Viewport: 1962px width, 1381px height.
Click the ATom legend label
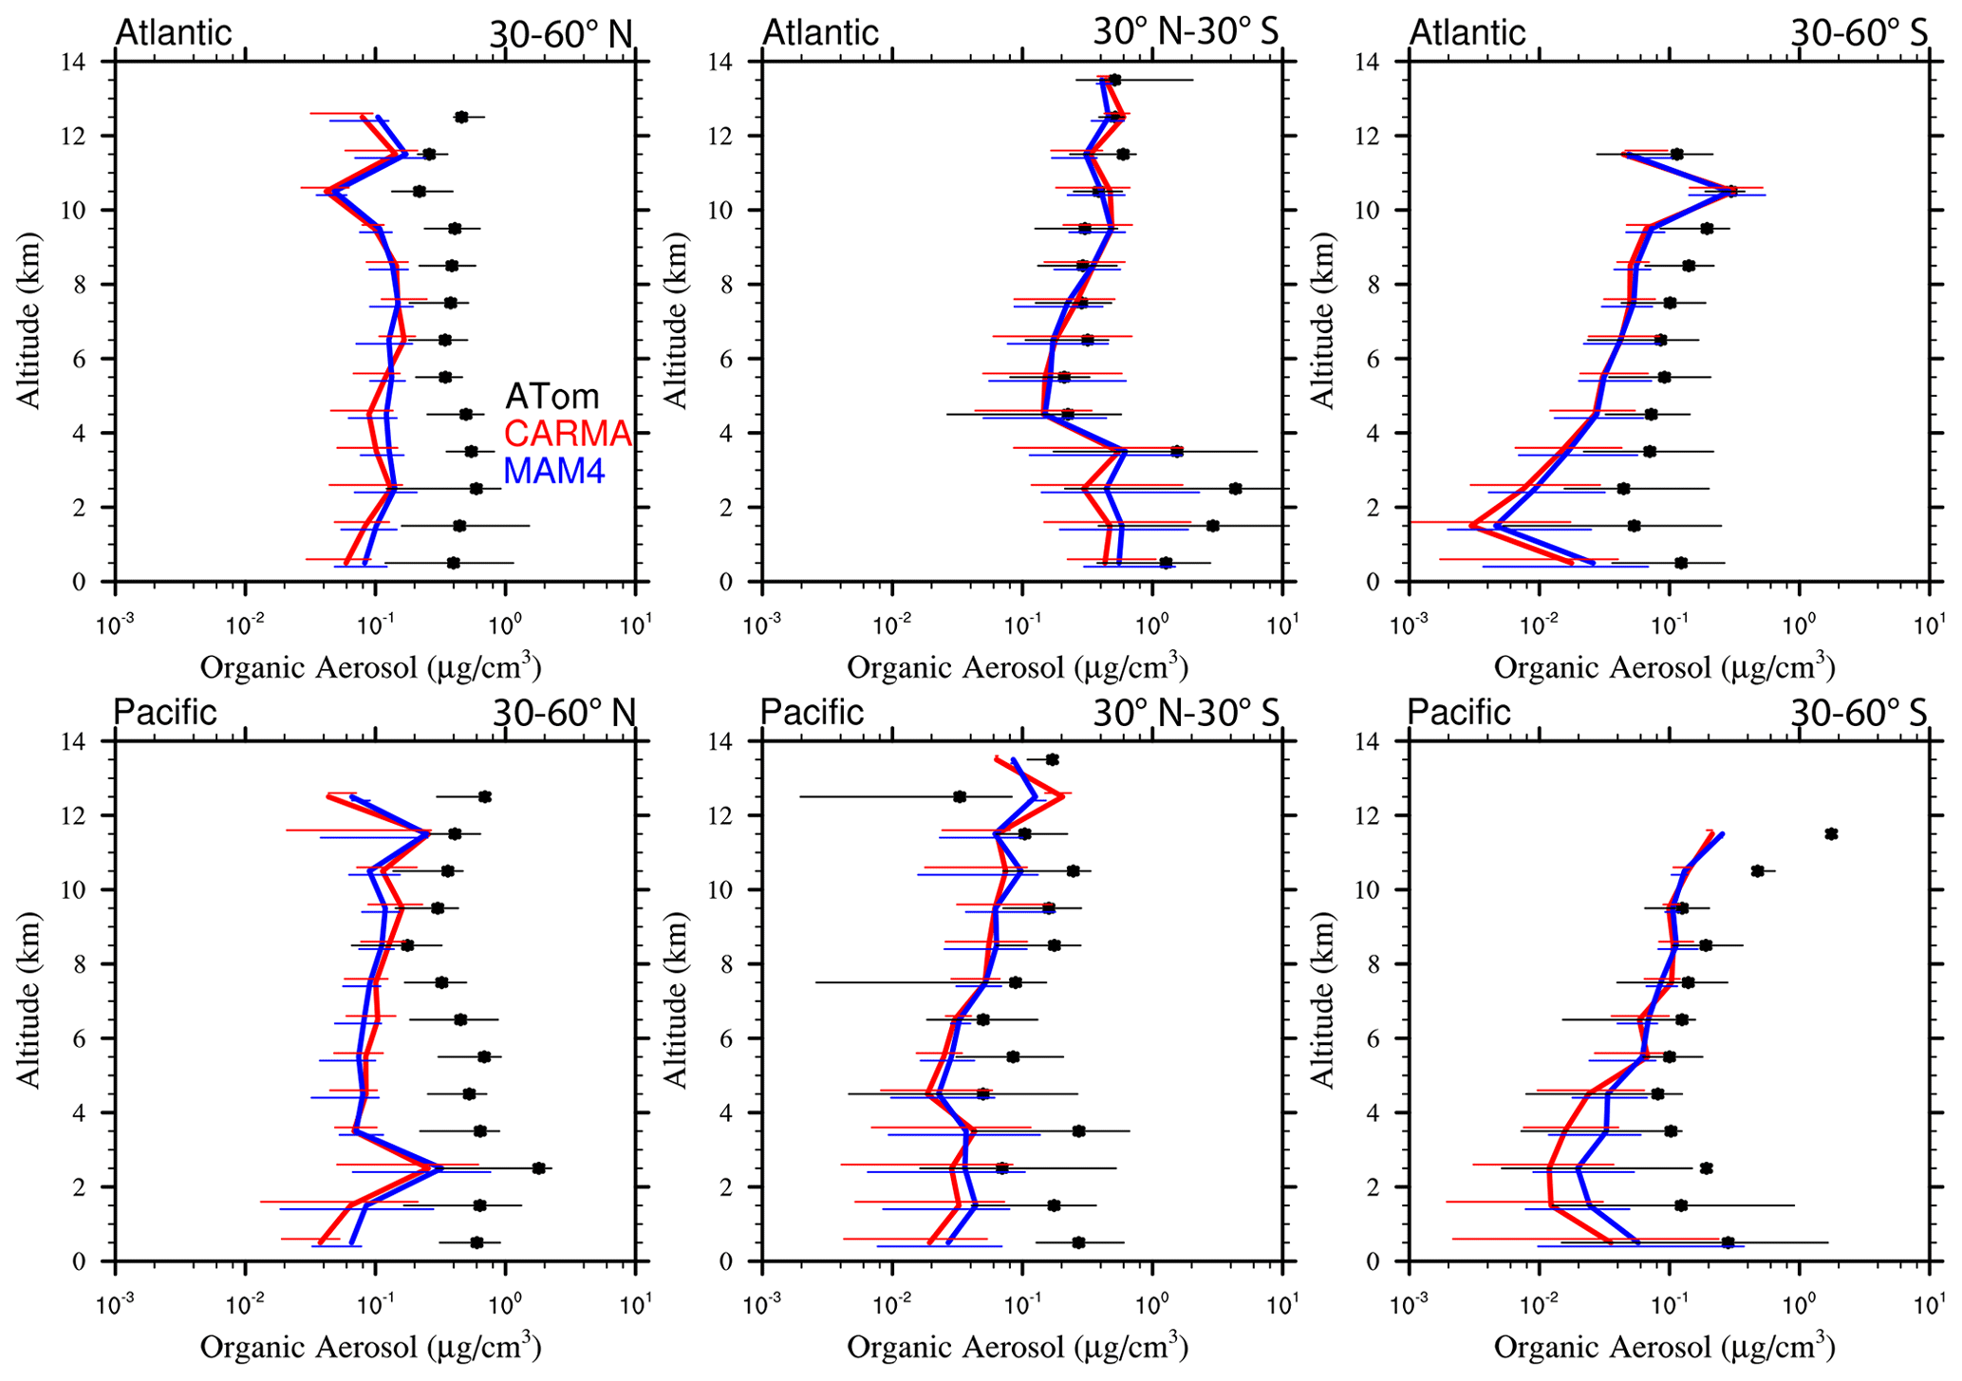pyautogui.click(x=551, y=396)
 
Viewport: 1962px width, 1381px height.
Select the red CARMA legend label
pyautogui.click(x=567, y=434)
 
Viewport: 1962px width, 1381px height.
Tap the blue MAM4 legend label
pyautogui.click(x=553, y=471)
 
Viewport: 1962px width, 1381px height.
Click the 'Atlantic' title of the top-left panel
pyautogui.click(x=173, y=32)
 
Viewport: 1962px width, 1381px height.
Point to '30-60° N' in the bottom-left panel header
pyautogui.click(x=562, y=713)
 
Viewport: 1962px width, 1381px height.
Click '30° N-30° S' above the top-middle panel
pyautogui.click(x=1186, y=32)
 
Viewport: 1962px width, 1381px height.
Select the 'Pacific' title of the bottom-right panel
pyautogui.click(x=1458, y=713)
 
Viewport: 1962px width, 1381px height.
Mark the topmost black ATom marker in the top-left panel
pyautogui.click(x=461, y=117)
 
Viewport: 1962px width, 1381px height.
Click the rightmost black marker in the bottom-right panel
pyautogui.click(x=1831, y=834)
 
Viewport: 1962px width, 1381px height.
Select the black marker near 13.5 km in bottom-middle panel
pyautogui.click(x=1052, y=759)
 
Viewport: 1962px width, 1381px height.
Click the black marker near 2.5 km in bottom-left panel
pyautogui.click(x=539, y=1168)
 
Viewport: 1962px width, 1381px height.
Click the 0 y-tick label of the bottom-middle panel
pyautogui.click(x=742, y=1261)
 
